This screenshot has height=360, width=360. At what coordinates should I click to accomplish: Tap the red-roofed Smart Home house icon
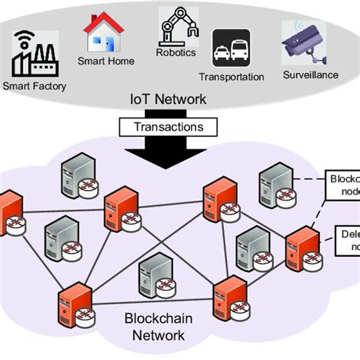click(x=103, y=32)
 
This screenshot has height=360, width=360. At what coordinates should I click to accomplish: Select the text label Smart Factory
click(x=34, y=86)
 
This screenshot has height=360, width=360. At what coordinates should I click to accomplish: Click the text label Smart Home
click(x=106, y=61)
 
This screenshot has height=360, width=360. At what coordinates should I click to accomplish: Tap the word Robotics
click(x=175, y=52)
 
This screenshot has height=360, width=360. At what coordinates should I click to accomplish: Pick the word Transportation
click(x=232, y=77)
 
